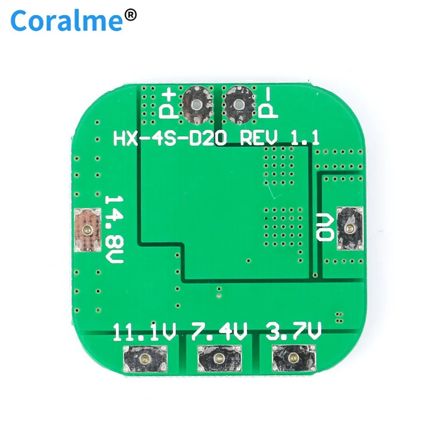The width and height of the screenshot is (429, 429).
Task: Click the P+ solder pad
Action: (x=197, y=103)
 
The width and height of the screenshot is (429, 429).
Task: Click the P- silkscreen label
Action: (x=267, y=103)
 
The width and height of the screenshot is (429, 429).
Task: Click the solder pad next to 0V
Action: (x=349, y=229)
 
